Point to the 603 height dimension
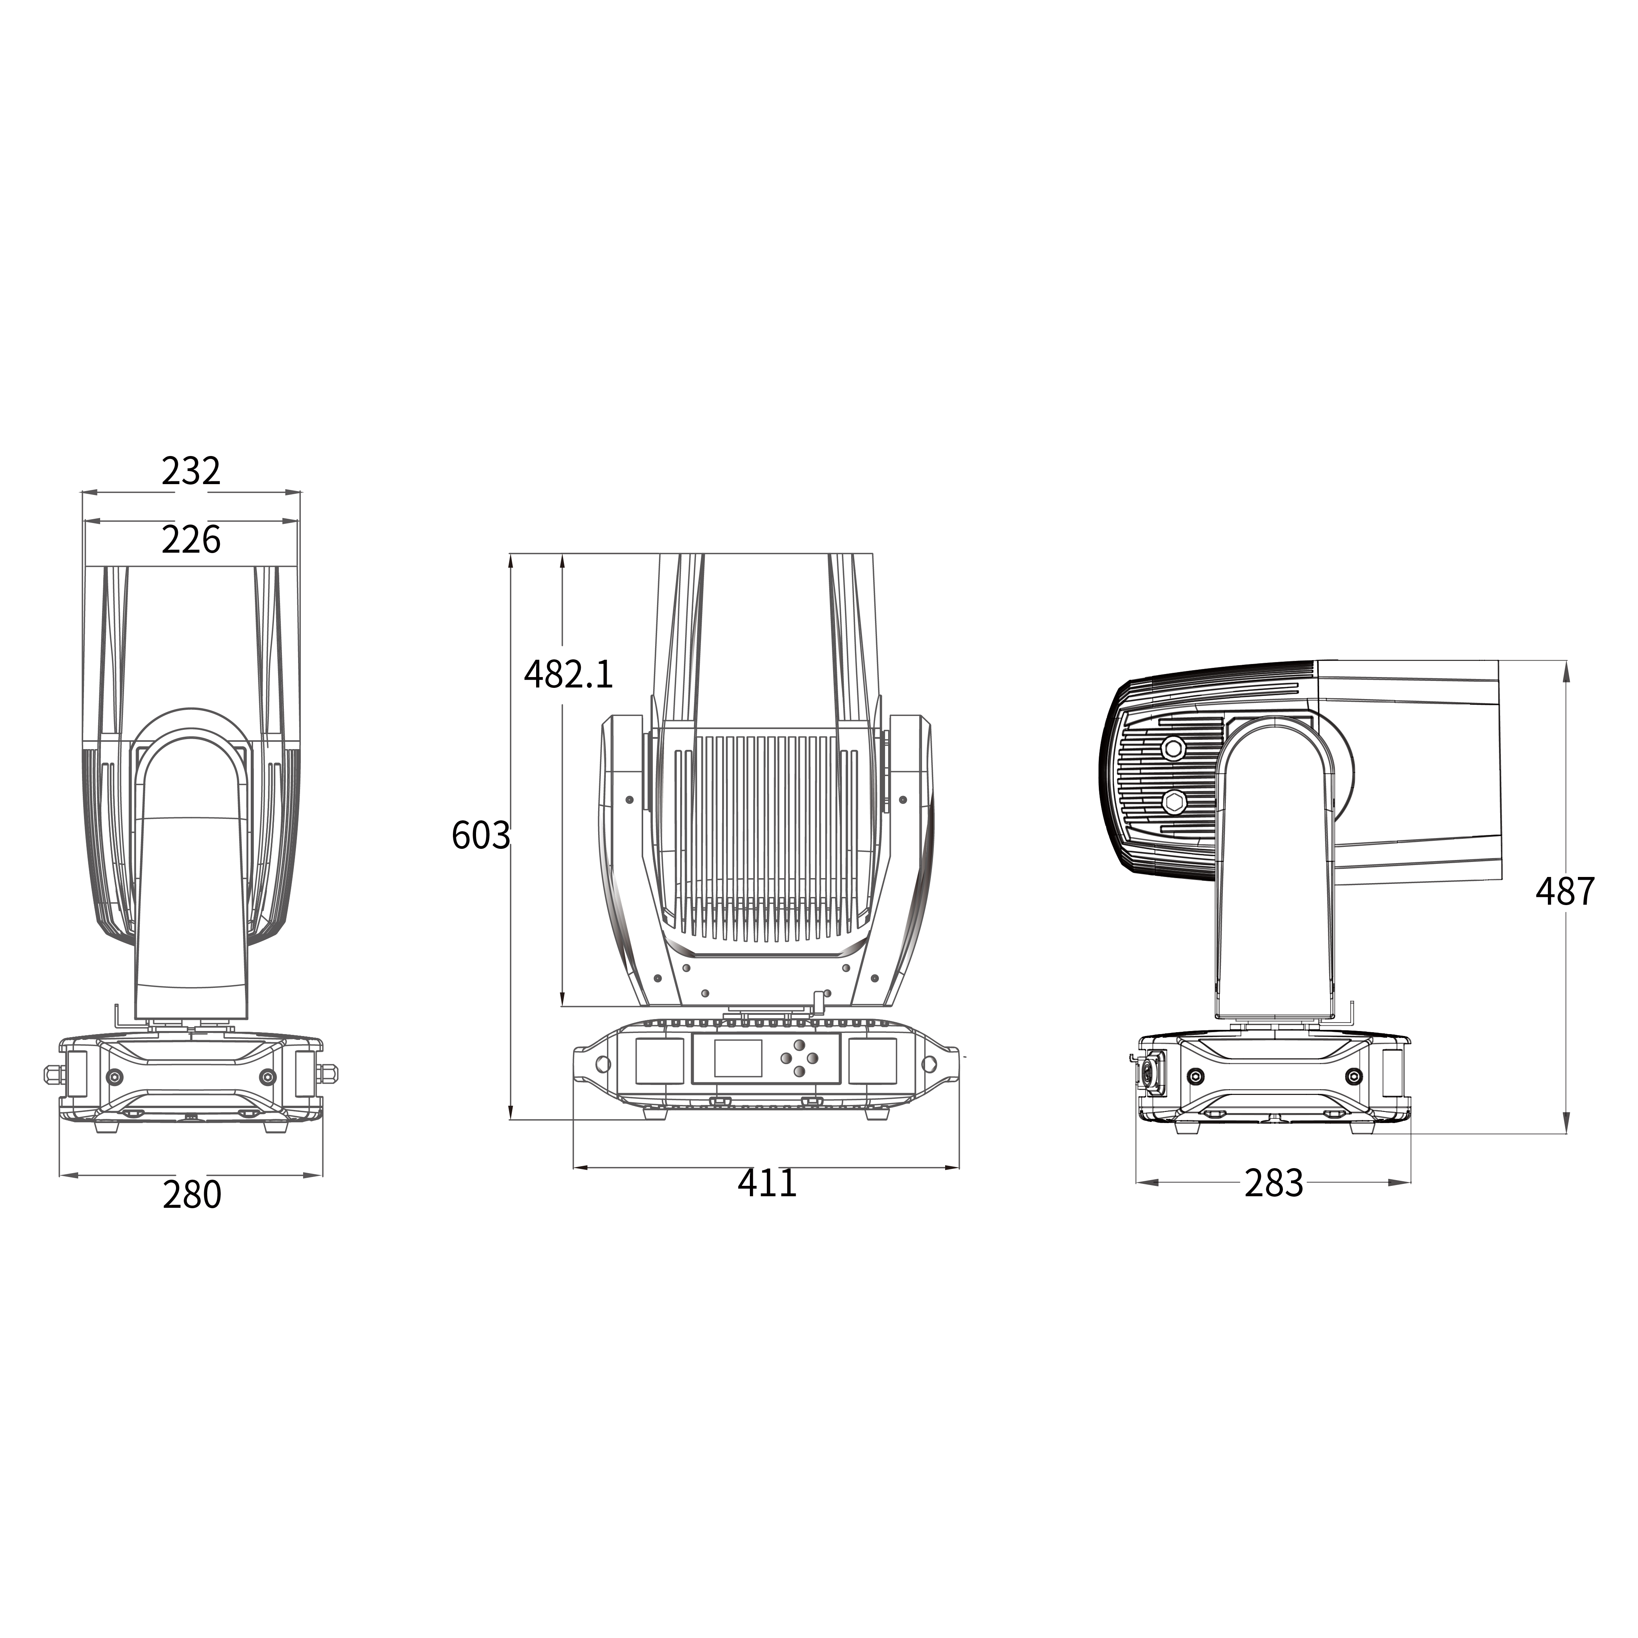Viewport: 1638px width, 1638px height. [x=481, y=835]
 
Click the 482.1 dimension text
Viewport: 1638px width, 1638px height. [x=568, y=674]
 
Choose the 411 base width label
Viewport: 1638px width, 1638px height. [x=767, y=1183]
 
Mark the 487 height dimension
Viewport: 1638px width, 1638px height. [x=1565, y=891]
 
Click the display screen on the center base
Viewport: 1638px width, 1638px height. [x=738, y=1058]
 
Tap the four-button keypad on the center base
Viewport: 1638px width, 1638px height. [x=800, y=1058]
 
